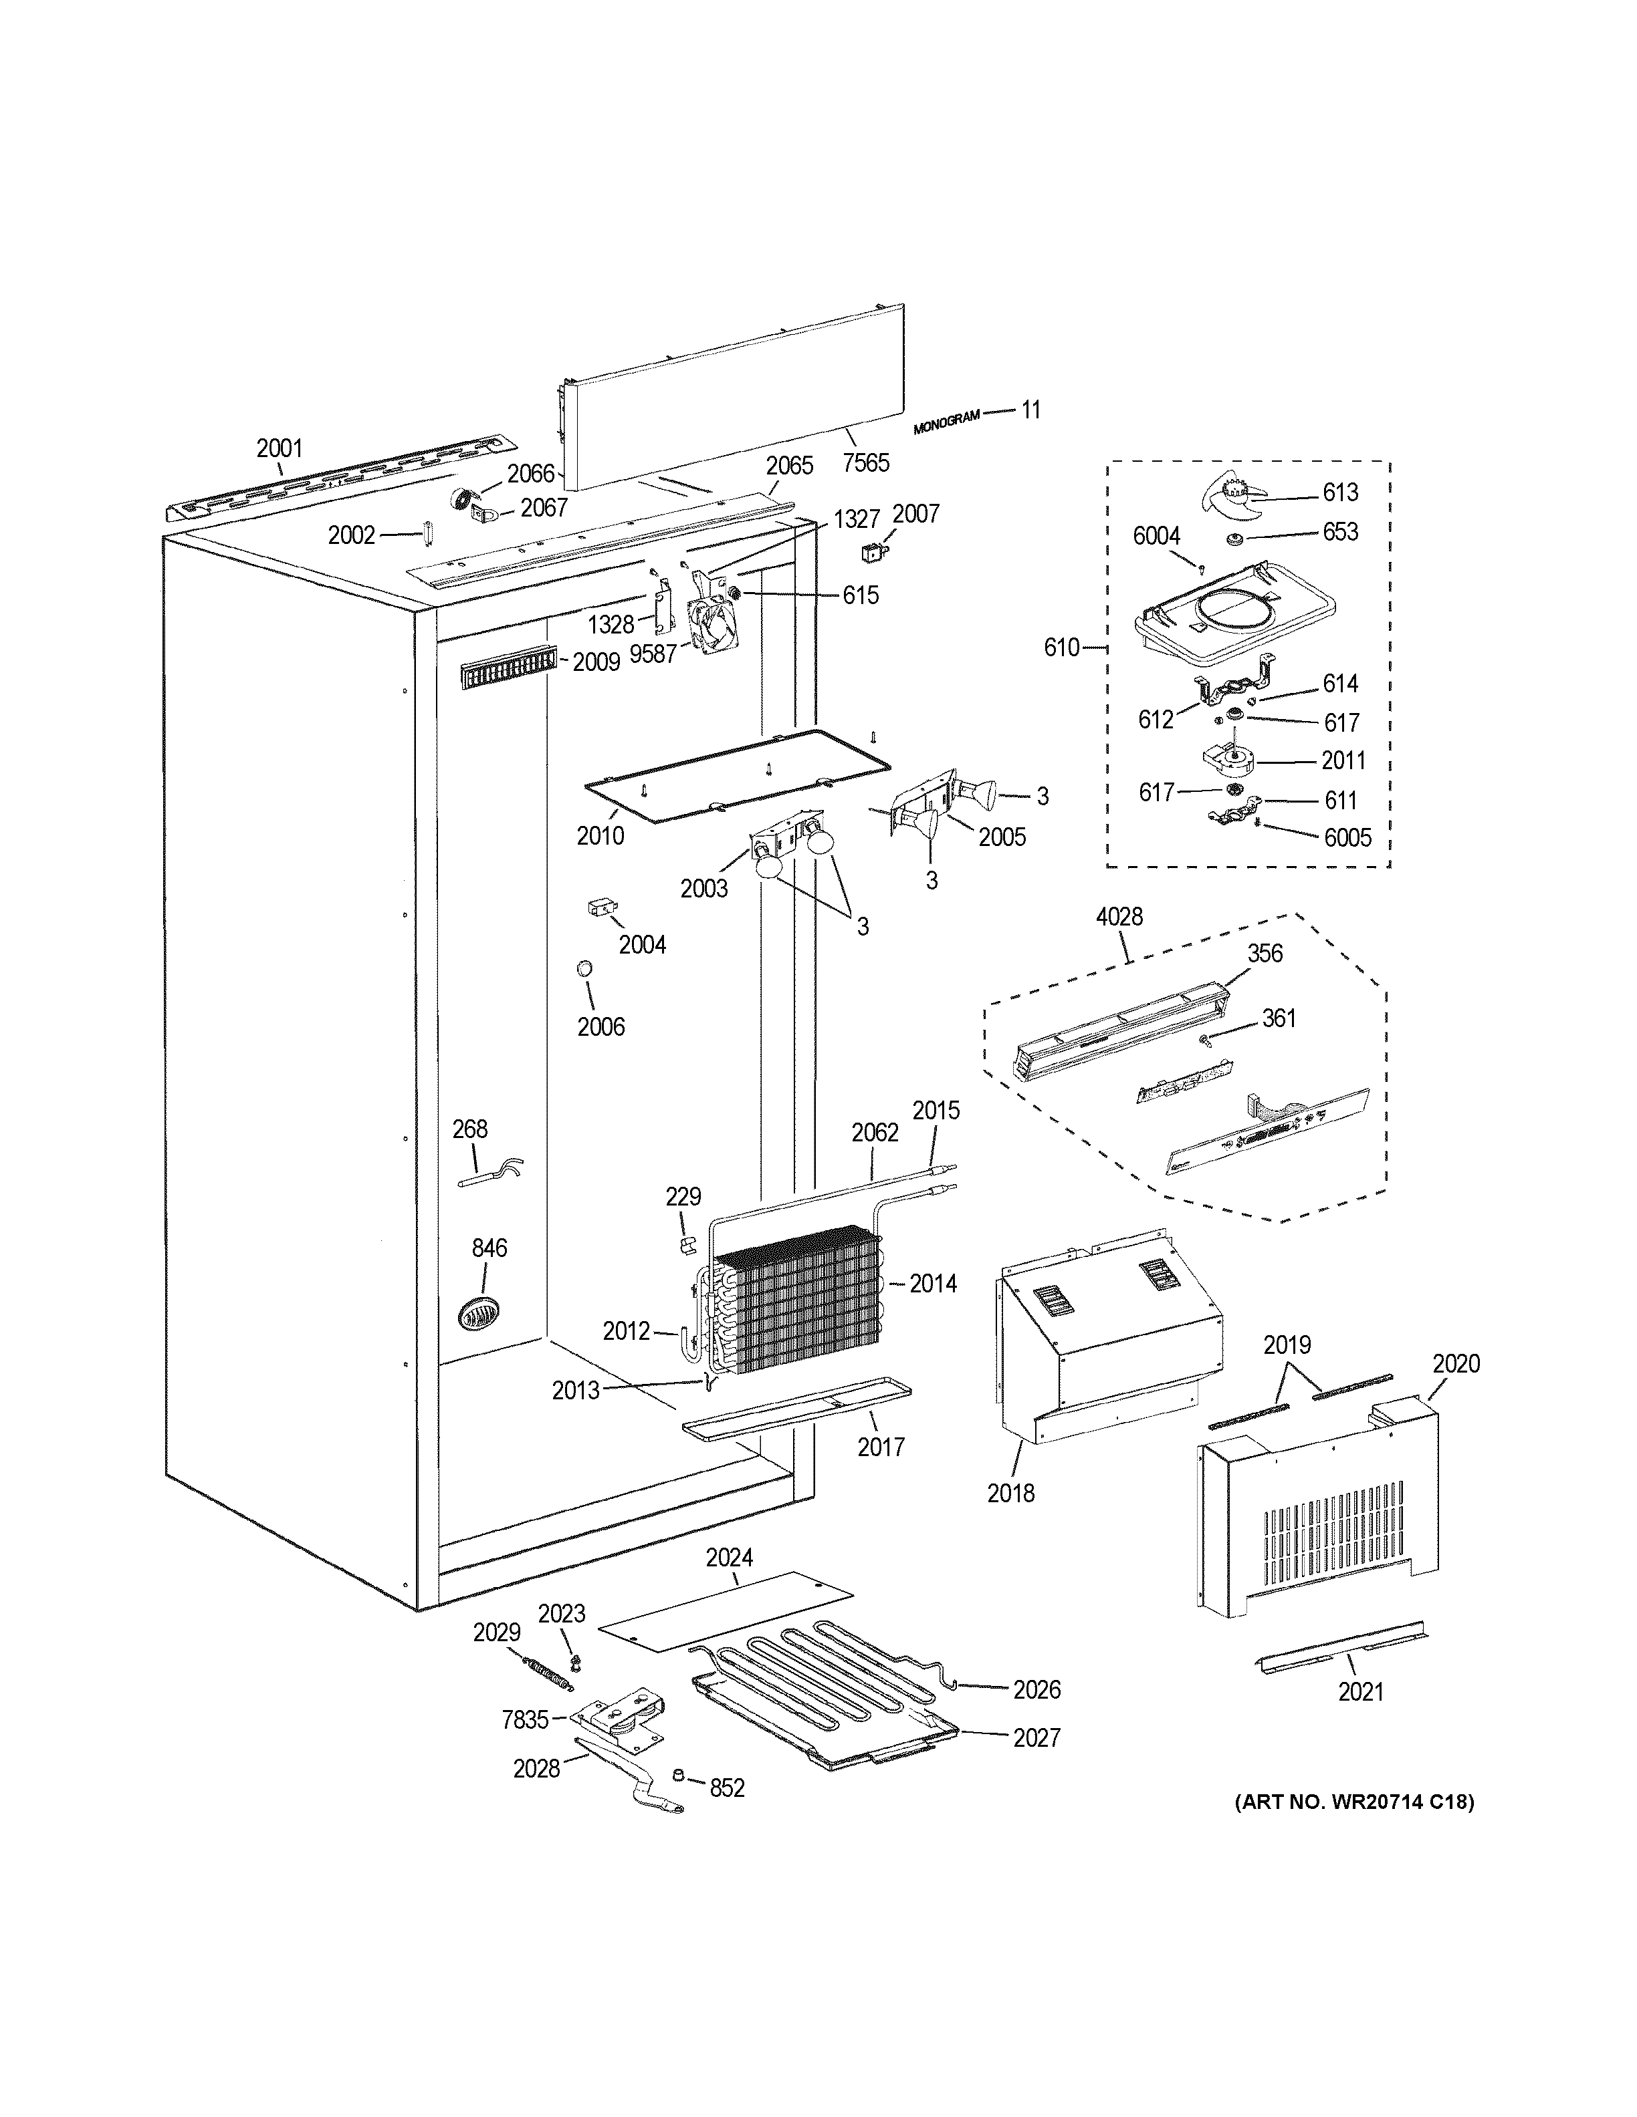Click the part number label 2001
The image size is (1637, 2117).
[280, 448]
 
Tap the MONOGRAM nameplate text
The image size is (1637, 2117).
[946, 422]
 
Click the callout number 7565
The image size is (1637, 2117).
[865, 462]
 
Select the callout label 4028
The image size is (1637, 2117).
[1119, 916]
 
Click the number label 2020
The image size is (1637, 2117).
[1456, 1364]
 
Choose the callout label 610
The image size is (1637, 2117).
[1061, 647]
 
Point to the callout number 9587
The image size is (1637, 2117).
[653, 654]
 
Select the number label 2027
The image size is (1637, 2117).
[1036, 1738]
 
